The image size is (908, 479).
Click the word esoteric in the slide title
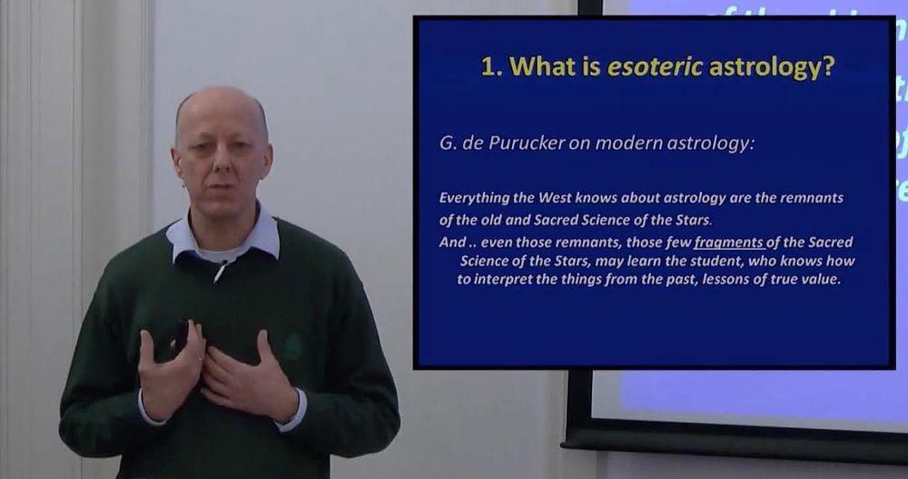[655, 66]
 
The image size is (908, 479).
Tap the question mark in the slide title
[828, 66]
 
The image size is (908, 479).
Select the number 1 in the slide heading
[489, 67]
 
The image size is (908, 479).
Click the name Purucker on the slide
[527, 144]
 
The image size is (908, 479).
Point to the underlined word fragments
[728, 243]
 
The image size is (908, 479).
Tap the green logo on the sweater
[293, 346]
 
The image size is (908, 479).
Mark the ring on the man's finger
[200, 360]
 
